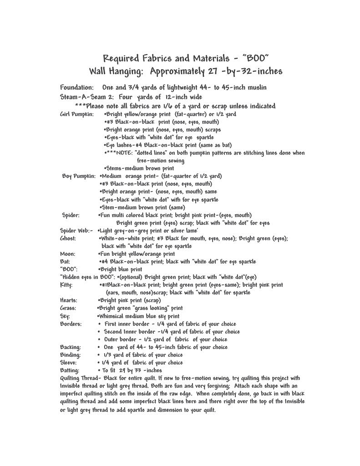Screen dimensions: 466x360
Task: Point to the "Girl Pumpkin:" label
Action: [x=77, y=114]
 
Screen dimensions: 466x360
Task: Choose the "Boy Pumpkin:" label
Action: [x=79, y=176]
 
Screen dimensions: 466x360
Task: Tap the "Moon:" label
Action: [x=68, y=254]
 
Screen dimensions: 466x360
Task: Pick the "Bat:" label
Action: [x=66, y=262]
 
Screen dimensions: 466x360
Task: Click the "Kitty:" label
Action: [x=67, y=285]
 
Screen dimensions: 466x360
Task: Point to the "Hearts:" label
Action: [x=69, y=300]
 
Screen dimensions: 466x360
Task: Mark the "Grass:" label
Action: [x=68, y=308]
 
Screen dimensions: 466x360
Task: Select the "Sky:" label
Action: [x=65, y=316]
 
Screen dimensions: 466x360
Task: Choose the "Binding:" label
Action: [x=70, y=355]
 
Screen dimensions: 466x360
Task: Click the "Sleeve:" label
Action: [x=69, y=363]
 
